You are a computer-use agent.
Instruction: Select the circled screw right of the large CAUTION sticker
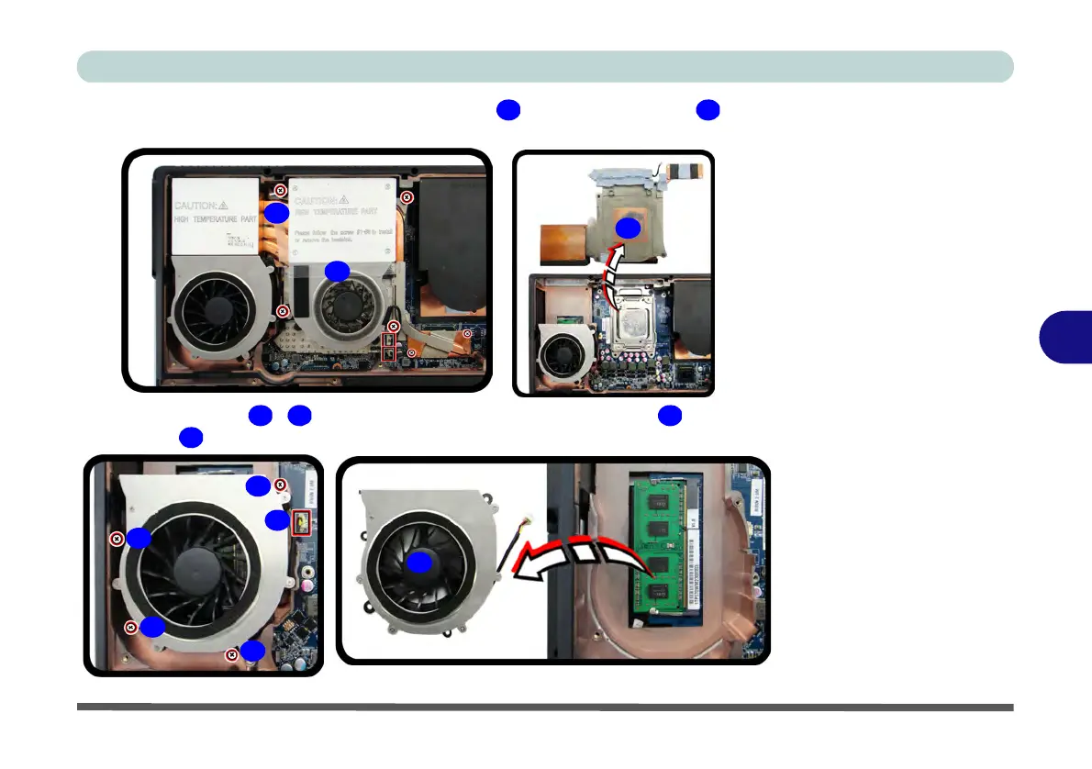click(409, 196)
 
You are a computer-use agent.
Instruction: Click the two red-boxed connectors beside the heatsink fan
click(389, 347)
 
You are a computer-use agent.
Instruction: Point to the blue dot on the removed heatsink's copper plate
click(627, 228)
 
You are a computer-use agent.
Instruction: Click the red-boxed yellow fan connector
click(300, 524)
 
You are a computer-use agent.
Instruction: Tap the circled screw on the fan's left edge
click(117, 539)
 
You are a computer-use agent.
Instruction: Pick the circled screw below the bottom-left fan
click(232, 655)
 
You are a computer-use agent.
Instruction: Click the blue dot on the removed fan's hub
click(419, 563)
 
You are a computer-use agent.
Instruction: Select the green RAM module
click(659, 551)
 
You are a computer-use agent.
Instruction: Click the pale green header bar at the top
click(545, 67)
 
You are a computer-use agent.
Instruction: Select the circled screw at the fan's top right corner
click(281, 485)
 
